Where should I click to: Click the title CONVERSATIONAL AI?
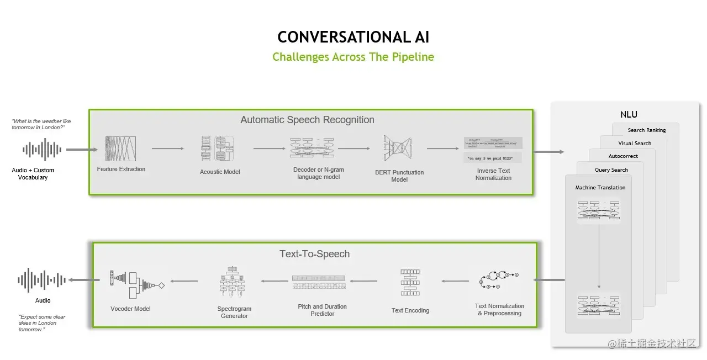353,37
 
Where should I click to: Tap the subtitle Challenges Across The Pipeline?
353,57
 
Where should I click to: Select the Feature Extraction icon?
120,149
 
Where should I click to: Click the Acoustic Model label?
219,172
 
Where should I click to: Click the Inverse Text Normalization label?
493,174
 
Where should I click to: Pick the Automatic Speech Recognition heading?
307,120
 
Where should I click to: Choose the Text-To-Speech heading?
314,254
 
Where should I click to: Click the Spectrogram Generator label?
234,313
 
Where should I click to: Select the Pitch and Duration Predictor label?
322,310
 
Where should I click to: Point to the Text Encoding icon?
410,282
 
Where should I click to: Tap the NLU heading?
629,115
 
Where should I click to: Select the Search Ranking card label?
646,130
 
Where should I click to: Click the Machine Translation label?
600,188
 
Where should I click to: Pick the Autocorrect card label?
623,156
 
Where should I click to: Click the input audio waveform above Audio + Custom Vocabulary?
42,150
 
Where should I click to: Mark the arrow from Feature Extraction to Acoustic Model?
167,149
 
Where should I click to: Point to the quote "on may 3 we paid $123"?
493,158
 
